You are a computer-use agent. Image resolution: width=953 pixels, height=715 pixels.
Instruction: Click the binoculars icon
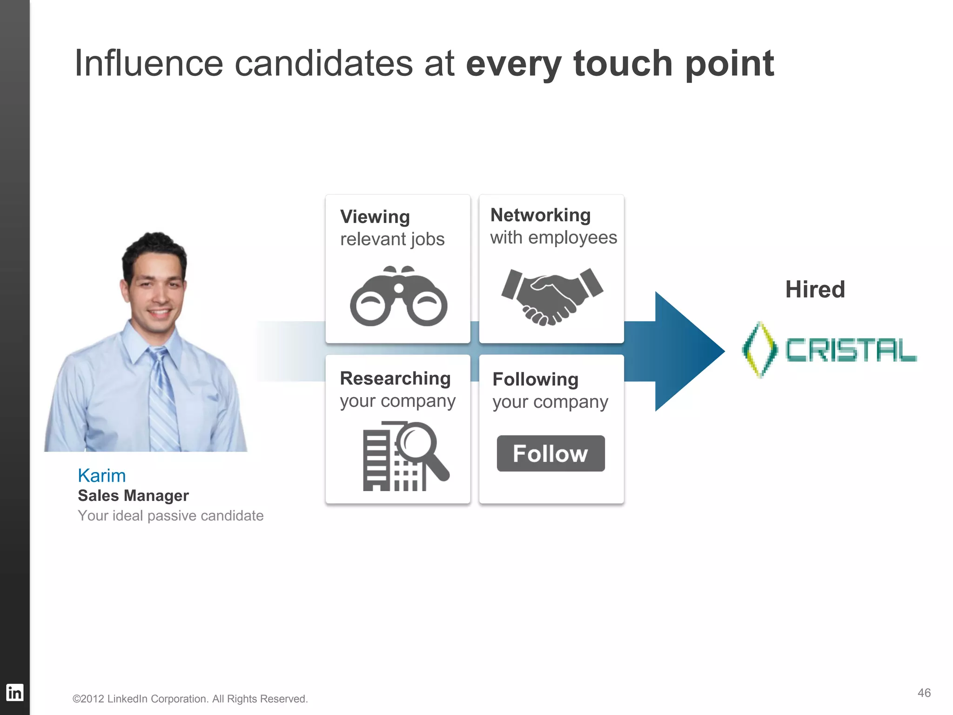pos(398,297)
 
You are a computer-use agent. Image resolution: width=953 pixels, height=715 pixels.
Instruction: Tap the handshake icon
pos(552,296)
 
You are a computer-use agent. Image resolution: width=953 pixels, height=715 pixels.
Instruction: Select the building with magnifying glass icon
pos(405,456)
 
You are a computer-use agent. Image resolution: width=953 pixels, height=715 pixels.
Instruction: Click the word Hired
pos(815,289)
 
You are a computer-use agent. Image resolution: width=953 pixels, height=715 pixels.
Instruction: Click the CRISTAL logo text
pos(851,351)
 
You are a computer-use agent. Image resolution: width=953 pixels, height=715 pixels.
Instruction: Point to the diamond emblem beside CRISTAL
pos(759,349)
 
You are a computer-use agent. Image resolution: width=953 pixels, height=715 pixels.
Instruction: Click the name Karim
pos(101,476)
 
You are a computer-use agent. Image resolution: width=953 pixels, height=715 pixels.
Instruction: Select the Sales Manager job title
pos(133,496)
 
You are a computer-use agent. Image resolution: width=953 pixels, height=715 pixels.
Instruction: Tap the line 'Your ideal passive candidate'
pos(170,516)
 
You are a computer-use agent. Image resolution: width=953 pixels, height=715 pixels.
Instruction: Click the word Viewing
pos(375,217)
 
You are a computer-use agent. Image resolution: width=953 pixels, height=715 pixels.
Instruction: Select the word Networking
pos(540,215)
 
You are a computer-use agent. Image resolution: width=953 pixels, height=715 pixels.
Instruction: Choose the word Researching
pos(395,378)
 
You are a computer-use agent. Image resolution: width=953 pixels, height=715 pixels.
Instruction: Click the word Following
pos(535,379)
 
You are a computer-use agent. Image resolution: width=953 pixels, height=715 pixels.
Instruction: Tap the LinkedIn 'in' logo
pos(14,693)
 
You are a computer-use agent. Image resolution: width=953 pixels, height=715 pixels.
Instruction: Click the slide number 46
pos(924,693)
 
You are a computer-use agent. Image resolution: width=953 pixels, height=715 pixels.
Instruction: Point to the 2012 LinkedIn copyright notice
pos(190,699)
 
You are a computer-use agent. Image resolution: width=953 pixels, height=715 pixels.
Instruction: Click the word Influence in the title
pos(149,63)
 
